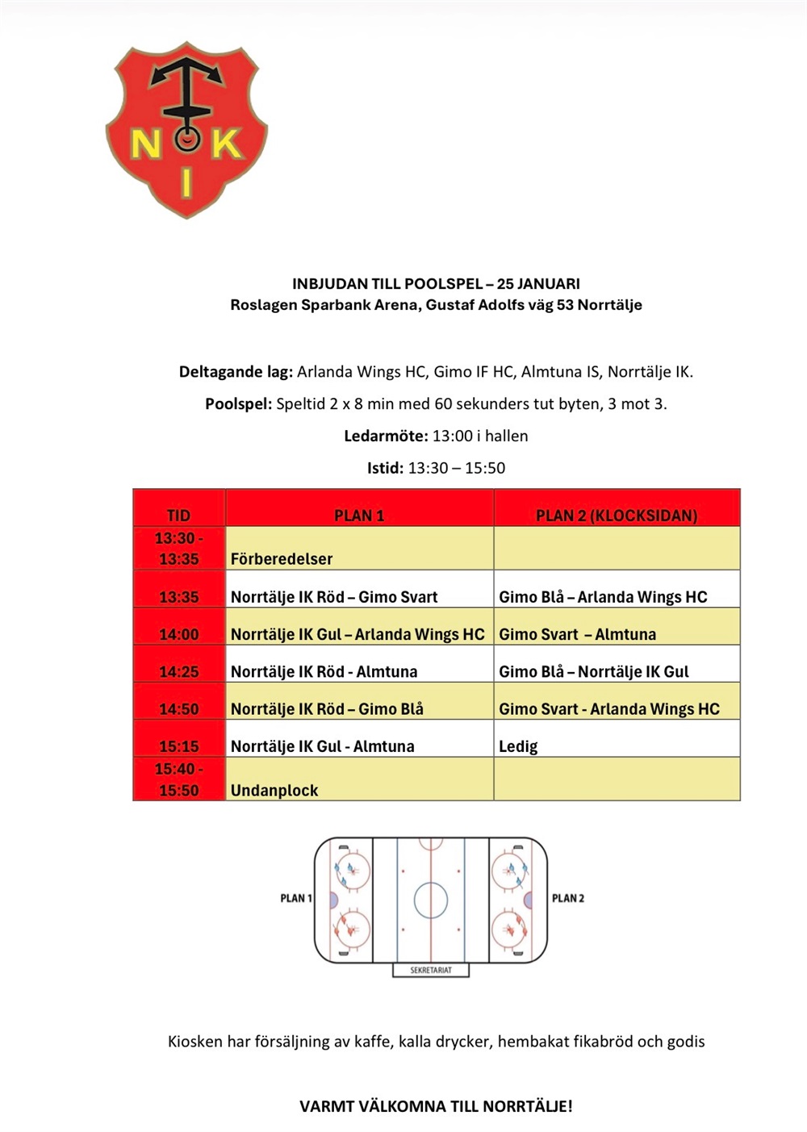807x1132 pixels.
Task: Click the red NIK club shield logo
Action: [186, 129]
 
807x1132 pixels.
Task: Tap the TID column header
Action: [178, 515]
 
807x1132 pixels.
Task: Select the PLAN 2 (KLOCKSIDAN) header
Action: [617, 515]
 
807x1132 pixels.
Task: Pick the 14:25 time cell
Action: [178, 671]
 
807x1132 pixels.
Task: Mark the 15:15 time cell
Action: [178, 746]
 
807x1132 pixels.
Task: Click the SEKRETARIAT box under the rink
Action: [431, 970]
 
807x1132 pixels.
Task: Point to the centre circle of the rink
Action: [431, 900]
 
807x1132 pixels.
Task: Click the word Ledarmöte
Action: [386, 436]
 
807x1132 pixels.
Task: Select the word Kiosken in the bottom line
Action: [194, 1042]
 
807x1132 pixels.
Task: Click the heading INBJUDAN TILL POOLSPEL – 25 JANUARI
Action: [436, 284]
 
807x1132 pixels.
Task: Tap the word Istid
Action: [385, 468]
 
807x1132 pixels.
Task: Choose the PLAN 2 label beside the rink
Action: [568, 898]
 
